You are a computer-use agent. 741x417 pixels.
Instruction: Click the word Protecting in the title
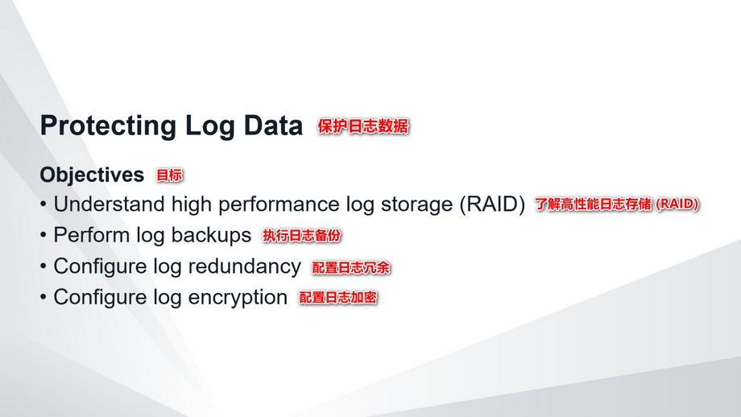click(109, 126)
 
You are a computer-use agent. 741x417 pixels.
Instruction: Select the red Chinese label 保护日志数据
click(363, 126)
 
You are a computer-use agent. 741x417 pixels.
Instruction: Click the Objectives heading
click(92, 175)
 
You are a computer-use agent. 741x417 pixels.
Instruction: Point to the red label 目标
click(169, 175)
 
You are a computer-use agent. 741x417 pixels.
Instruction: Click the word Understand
click(110, 204)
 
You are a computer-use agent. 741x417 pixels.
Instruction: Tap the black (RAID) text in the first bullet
click(492, 204)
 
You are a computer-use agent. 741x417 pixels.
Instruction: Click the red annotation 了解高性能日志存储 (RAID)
click(617, 204)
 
